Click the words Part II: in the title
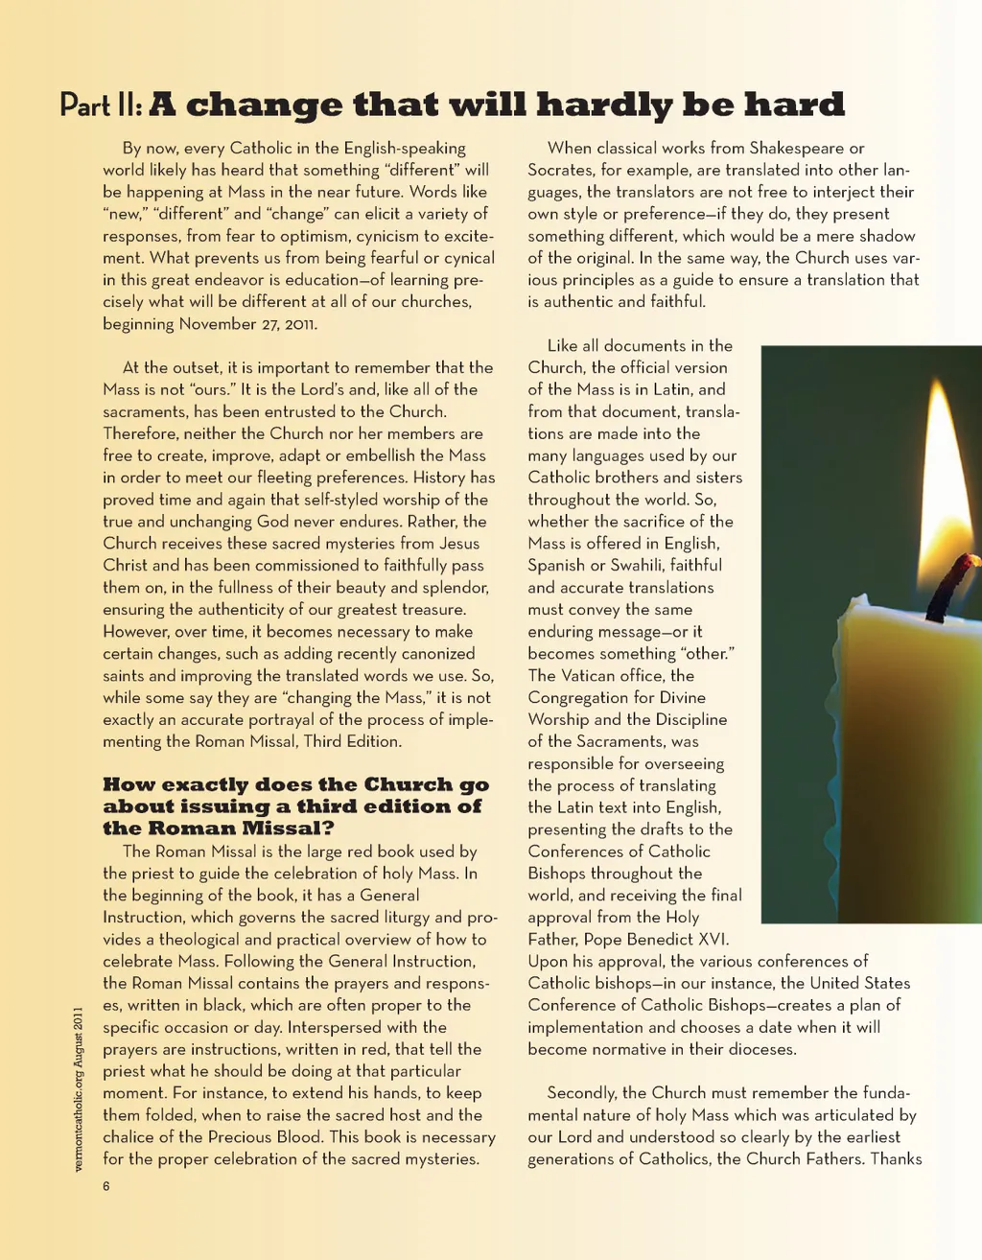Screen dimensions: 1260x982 (101, 105)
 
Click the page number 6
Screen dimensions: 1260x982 (106, 1186)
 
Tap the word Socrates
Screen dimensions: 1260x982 (560, 170)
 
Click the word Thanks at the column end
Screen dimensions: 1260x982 (896, 1158)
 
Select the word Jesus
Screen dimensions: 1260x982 (459, 544)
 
